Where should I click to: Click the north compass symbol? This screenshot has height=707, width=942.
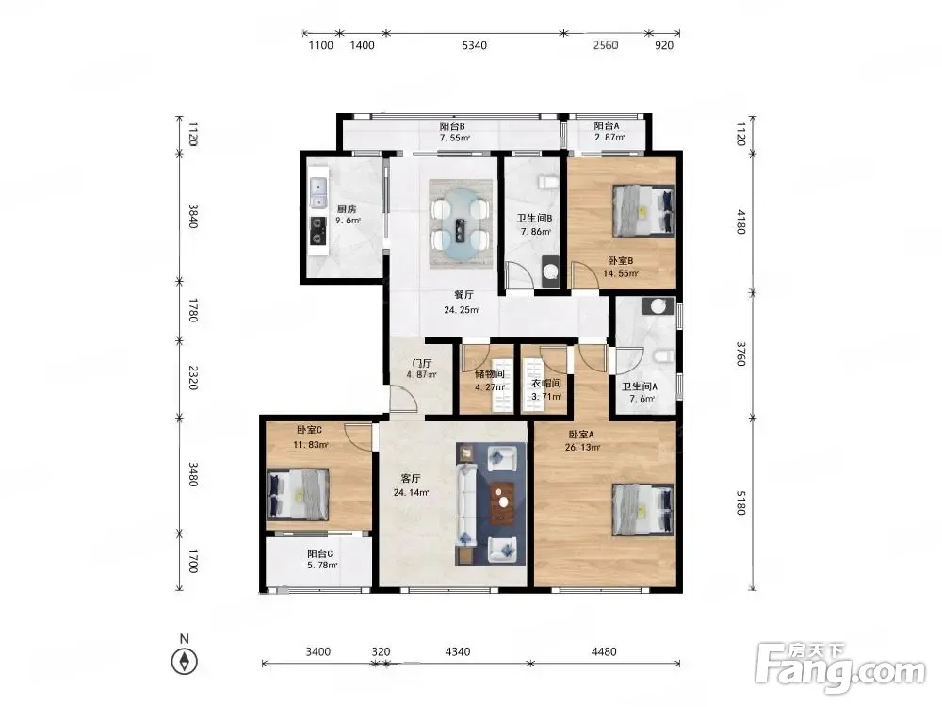185,662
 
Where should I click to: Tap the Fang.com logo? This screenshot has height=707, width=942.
840,668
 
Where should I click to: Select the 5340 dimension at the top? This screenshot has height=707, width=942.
474,45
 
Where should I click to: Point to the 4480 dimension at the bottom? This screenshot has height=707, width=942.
604,651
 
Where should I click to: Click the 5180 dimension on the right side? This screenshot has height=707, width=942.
740,502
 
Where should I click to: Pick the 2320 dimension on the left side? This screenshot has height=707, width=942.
193,378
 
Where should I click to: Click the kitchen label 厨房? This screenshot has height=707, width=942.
347,208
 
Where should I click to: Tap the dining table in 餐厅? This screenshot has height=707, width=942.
461,223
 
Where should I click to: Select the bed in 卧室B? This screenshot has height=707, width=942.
642,210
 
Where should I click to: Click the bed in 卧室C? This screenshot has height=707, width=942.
298,494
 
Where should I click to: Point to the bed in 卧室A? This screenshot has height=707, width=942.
642,510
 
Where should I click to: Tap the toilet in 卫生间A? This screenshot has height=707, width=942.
663,357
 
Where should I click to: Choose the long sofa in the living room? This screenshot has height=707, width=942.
467,505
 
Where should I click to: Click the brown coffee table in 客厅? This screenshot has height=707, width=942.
502,503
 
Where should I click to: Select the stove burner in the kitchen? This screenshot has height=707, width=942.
317,231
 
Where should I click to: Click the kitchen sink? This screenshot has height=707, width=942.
317,193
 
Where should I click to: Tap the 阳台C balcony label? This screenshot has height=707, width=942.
319,553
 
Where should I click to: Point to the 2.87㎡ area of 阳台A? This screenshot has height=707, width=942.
609,138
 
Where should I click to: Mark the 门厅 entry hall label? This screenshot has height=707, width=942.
422,363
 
